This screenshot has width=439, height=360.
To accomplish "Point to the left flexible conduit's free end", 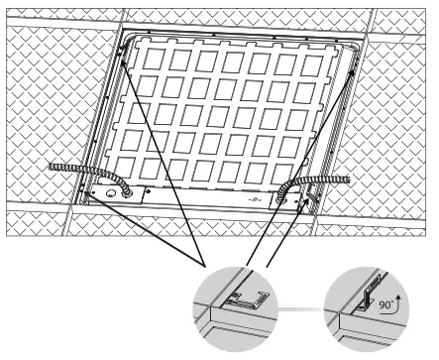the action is tap(52, 169).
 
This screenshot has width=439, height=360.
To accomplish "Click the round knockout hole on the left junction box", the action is tap(126, 195).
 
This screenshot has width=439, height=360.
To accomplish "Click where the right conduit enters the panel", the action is tap(288, 194).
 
